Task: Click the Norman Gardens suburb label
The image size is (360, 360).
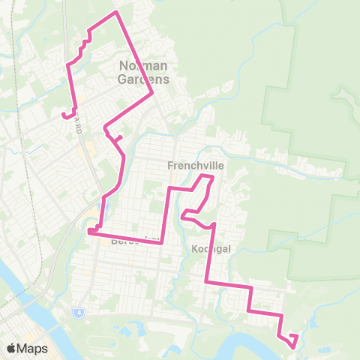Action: point(145,72)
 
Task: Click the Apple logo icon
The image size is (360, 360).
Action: point(11,349)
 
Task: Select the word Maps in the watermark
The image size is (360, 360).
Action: point(32,349)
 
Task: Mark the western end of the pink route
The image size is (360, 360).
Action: point(63,115)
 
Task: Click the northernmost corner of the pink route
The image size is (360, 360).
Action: point(115,12)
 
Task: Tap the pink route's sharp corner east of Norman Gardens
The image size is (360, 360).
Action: point(153,93)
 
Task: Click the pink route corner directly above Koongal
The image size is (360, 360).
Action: point(214,224)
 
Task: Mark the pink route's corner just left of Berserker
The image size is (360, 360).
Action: point(89,232)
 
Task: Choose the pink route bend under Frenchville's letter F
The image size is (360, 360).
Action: point(169,187)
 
